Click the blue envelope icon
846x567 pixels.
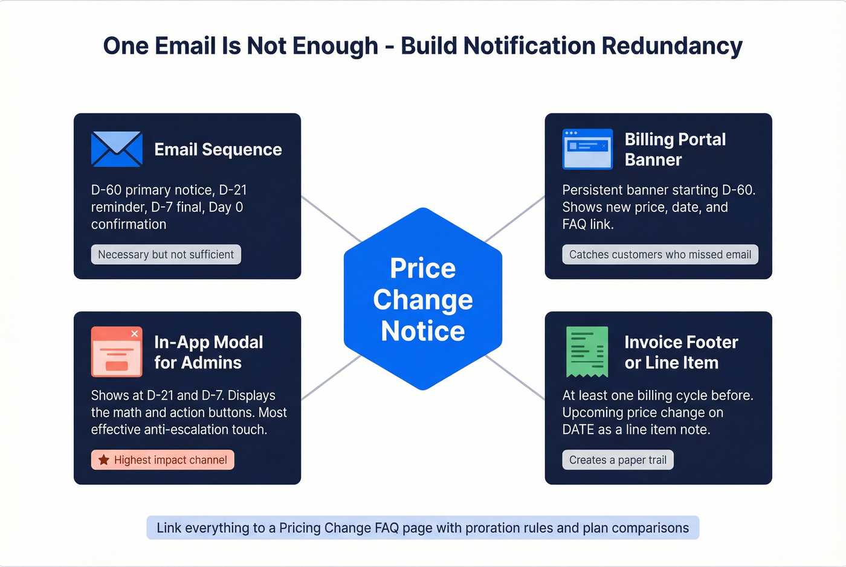(117, 149)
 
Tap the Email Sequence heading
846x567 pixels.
(218, 149)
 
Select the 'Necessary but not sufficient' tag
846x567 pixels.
(166, 254)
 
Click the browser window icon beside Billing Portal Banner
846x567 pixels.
(587, 149)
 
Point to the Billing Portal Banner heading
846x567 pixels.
(674, 149)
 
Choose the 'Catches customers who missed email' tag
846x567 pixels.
(660, 254)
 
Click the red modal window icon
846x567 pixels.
(117, 351)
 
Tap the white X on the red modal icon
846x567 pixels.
(135, 334)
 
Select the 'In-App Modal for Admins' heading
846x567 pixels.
(208, 352)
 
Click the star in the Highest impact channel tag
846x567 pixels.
(104, 460)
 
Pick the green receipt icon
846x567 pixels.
(587, 351)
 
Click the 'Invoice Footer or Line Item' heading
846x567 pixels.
(680, 352)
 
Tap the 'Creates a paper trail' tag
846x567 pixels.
(618, 460)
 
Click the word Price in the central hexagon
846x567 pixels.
(423, 268)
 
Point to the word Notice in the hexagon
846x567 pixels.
(423, 331)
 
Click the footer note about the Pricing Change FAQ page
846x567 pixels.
(422, 528)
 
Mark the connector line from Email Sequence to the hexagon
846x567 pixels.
(331, 219)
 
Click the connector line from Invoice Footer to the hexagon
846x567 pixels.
(515, 378)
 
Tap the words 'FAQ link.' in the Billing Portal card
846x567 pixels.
(587, 224)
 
